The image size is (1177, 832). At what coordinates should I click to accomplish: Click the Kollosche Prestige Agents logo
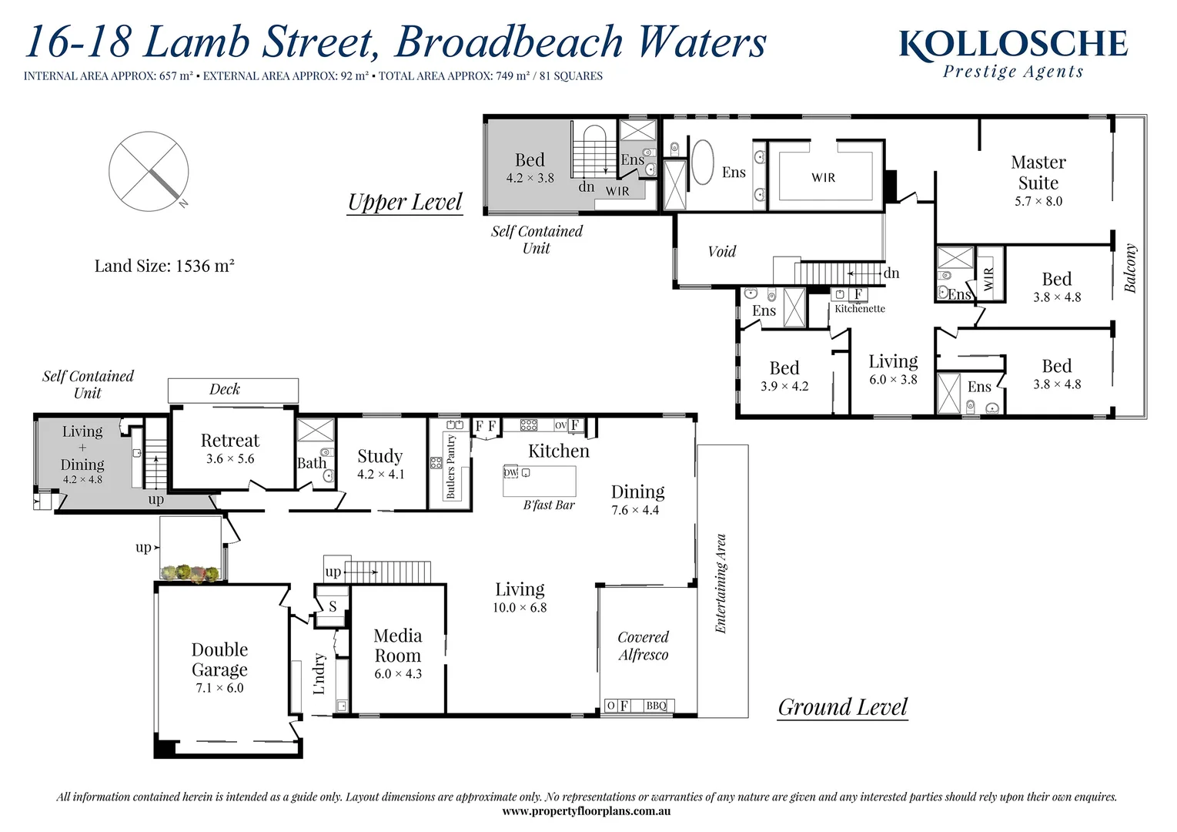coord(1013,53)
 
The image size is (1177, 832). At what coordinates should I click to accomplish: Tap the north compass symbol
coord(149,171)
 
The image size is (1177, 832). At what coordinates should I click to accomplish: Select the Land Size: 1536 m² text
coord(164,267)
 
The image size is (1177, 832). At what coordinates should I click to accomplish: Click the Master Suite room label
coord(1038,173)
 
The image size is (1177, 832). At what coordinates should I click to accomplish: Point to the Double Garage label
coord(219,659)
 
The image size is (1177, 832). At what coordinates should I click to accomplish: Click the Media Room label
coord(397,646)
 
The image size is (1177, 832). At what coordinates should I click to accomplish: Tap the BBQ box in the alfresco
coord(656,706)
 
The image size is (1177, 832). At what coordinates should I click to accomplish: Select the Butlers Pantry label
coord(451,467)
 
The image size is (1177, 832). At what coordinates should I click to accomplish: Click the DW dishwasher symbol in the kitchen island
coord(510,472)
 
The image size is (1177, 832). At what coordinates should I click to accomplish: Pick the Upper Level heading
coord(404,202)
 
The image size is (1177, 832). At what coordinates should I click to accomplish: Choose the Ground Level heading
coord(842,707)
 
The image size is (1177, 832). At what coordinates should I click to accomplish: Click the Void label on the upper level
coord(721,251)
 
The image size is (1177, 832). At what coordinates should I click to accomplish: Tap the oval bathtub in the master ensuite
coord(702,162)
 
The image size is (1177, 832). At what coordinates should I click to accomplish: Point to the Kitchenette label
coord(860,309)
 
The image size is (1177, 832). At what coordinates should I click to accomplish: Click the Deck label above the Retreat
coord(225,390)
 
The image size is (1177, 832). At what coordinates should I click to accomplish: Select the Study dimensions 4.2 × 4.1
coord(380,475)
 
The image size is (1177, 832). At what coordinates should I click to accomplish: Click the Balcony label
coord(1130,268)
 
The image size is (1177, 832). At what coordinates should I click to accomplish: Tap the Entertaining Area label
coord(721,583)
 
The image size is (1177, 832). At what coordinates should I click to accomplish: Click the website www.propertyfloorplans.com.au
coord(586,811)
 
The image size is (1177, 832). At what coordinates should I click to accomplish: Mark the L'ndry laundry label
coord(319,673)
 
